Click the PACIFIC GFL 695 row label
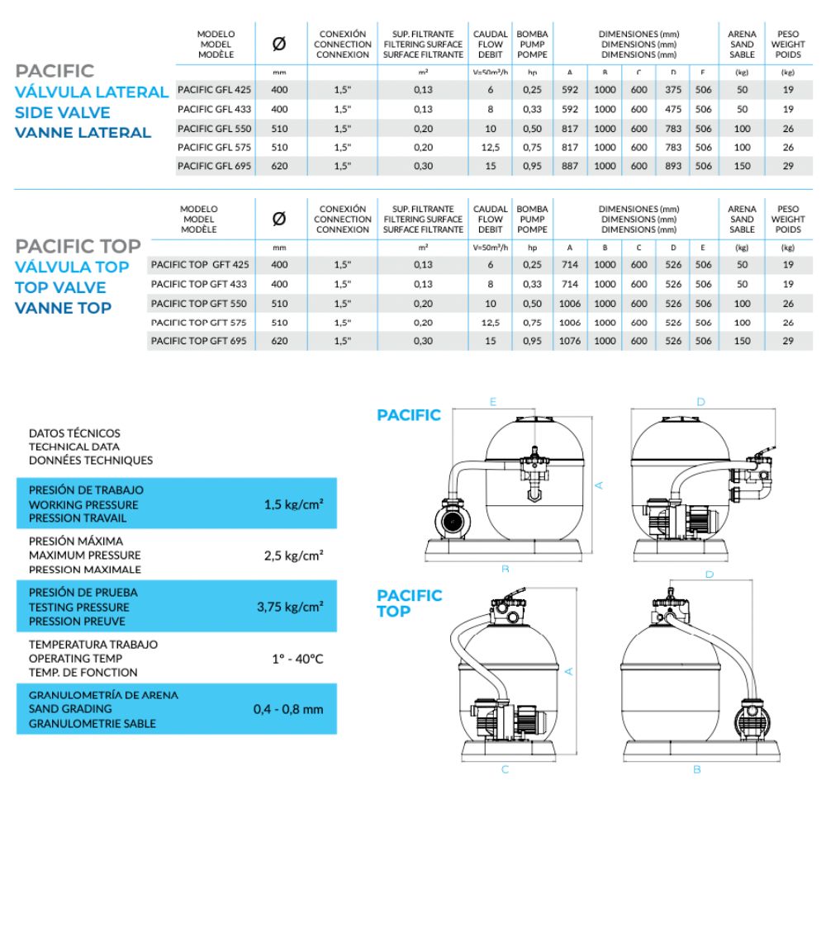pos(215,166)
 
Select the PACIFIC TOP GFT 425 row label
pos(200,264)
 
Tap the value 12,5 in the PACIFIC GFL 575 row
pos(490,147)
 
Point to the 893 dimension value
pos(673,166)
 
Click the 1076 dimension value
pos(570,341)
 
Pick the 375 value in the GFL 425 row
pos(673,89)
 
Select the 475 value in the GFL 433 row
pos(673,108)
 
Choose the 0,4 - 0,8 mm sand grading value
pos(288,709)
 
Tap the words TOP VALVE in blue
pos(60,287)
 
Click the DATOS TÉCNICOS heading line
pos(74,433)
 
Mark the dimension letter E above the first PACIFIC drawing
pos(492,402)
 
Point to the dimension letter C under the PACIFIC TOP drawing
pos(505,769)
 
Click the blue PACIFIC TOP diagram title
pos(409,603)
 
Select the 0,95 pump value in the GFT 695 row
pos(533,341)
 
